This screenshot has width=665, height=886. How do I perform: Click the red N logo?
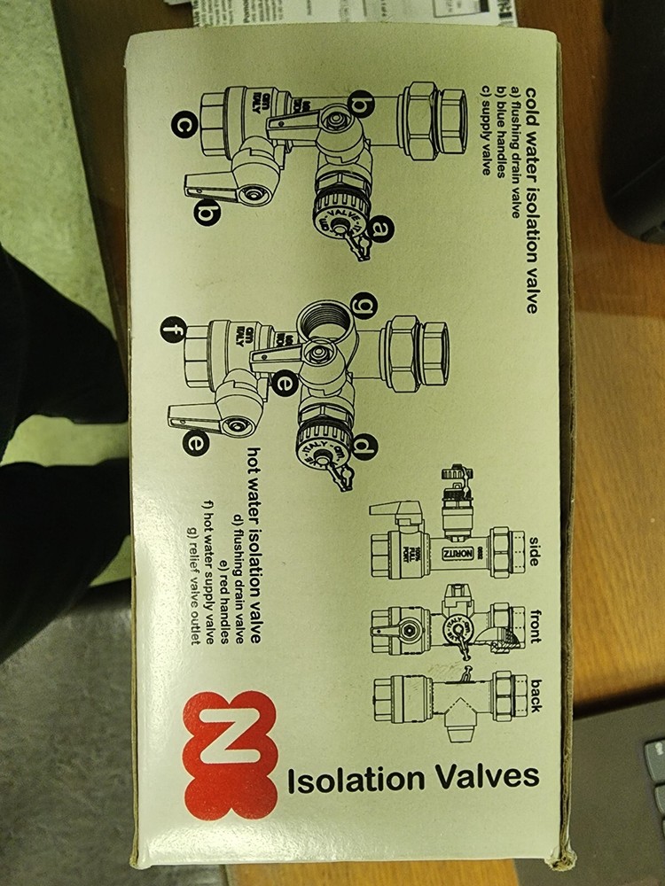pos(231,755)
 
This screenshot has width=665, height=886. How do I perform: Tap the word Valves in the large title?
pos(484,778)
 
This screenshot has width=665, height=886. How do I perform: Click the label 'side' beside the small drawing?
pos(534,549)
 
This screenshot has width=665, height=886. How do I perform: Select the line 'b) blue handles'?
pos(499,133)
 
